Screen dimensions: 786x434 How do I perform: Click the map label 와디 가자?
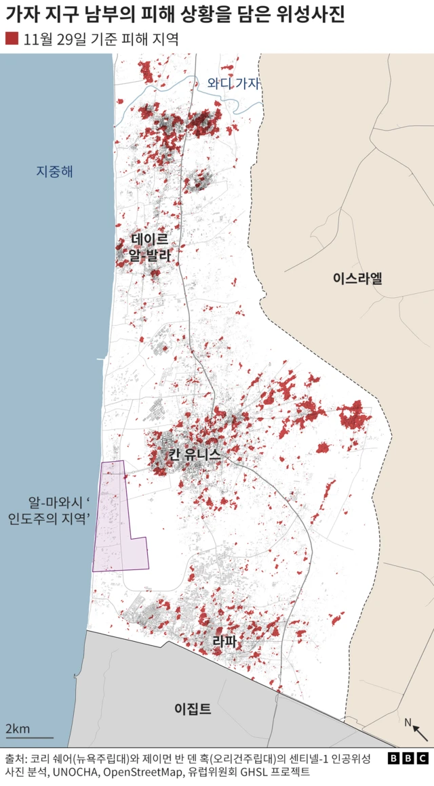pyautogui.click(x=234, y=84)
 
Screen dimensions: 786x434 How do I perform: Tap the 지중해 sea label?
pyautogui.click(x=54, y=171)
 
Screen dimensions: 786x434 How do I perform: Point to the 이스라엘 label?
pyautogui.click(x=357, y=277)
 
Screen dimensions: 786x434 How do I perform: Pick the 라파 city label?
pyautogui.click(x=224, y=641)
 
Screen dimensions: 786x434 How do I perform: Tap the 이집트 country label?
pyautogui.click(x=193, y=709)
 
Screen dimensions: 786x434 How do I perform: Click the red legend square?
pyautogui.click(x=12, y=39)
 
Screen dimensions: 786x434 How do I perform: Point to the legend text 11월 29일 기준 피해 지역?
pyautogui.click(x=100, y=39)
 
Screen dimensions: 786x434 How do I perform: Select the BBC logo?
pyautogui.click(x=408, y=758)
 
